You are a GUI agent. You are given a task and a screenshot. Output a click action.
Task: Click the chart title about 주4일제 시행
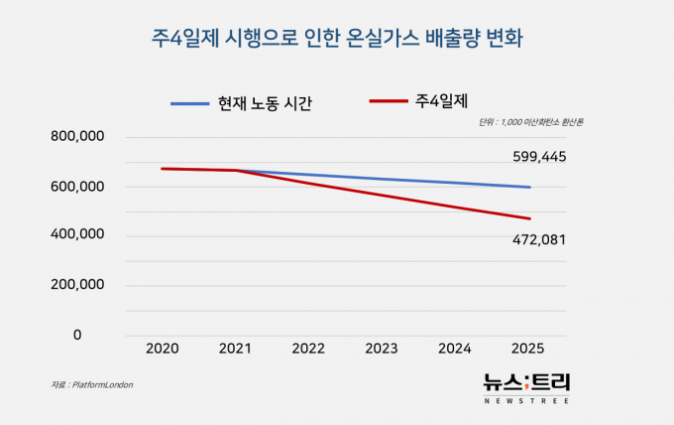point(337,40)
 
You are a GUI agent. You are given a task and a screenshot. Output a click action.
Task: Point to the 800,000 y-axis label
point(78,136)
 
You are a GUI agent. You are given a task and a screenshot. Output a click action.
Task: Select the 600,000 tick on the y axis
point(78,186)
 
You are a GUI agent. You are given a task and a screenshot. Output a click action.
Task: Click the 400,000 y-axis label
point(78,235)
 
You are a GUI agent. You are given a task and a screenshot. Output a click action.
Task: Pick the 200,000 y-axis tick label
point(78,285)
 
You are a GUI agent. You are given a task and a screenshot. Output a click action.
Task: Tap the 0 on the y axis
point(77,335)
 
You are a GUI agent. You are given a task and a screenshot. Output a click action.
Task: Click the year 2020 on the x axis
point(162,350)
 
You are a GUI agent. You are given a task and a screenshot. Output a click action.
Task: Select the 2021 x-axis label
point(235,350)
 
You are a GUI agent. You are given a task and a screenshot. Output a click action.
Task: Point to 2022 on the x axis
point(308,350)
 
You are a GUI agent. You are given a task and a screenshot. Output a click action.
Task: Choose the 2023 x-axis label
point(383,350)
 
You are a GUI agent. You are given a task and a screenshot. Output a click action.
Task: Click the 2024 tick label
point(456,350)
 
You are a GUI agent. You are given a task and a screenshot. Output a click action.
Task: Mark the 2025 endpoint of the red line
point(530,218)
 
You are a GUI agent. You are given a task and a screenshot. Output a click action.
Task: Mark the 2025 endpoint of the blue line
point(530,187)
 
